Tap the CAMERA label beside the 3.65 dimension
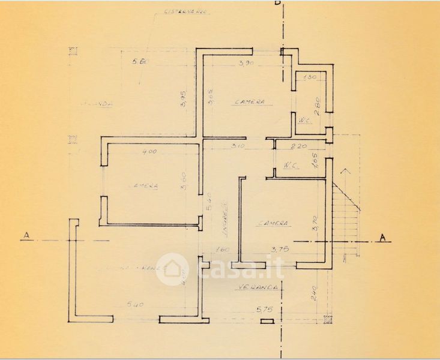coord(250,101)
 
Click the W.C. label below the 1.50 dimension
coord(304,121)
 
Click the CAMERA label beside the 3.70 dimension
coord(274,223)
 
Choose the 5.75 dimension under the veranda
coord(264,311)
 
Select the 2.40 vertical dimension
coord(313,294)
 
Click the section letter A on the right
coord(382,238)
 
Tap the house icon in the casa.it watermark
coord(172,268)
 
